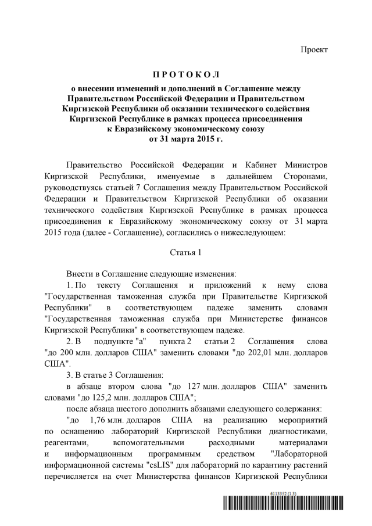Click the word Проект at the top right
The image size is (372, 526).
(x=314, y=50)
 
